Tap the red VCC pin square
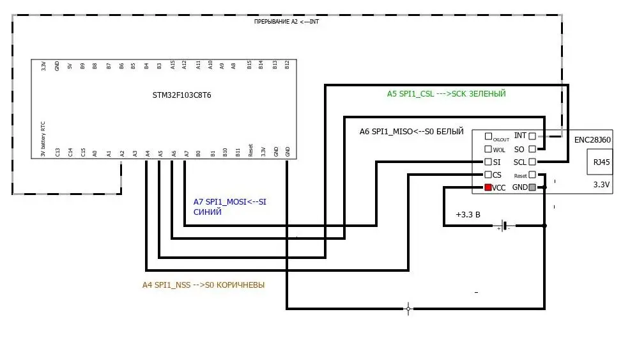[489, 187]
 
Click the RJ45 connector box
[601, 162]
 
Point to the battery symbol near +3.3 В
[504, 226]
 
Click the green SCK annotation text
[446, 93]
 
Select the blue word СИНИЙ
[207, 212]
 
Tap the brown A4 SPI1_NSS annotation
[203, 285]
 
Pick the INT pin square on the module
[532, 136]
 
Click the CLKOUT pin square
[489, 136]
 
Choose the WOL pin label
[499, 150]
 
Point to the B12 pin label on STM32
[288, 65]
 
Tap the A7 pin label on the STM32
[185, 153]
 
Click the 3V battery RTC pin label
[43, 139]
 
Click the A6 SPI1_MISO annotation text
[411, 131]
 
